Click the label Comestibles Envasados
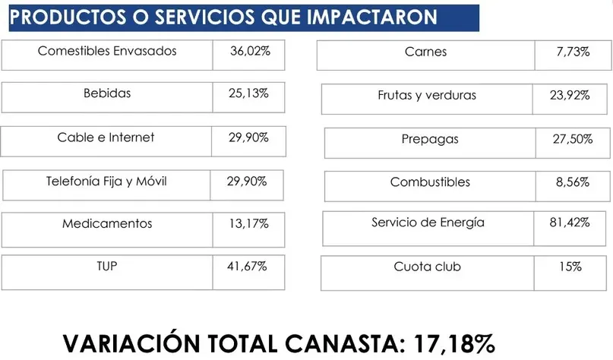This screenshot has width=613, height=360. (x=107, y=52)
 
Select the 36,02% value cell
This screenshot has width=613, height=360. (x=250, y=52)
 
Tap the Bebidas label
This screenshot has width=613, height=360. (x=107, y=94)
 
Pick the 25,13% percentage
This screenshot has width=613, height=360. (x=248, y=94)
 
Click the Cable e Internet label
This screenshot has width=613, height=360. (x=106, y=137)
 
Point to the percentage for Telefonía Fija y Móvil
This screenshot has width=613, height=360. (x=247, y=182)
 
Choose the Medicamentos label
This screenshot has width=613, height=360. (x=107, y=224)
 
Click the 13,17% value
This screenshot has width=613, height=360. (x=248, y=224)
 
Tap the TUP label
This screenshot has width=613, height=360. (x=107, y=267)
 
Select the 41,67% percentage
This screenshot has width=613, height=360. (x=248, y=267)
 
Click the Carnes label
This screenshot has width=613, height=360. (x=426, y=52)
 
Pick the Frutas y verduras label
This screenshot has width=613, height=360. (x=427, y=96)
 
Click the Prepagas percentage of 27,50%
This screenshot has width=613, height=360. (x=571, y=140)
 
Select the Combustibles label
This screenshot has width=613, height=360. (x=430, y=182)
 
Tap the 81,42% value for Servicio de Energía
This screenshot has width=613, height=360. (x=571, y=223)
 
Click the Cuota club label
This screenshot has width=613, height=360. (x=427, y=267)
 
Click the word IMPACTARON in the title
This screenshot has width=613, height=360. (x=373, y=17)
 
